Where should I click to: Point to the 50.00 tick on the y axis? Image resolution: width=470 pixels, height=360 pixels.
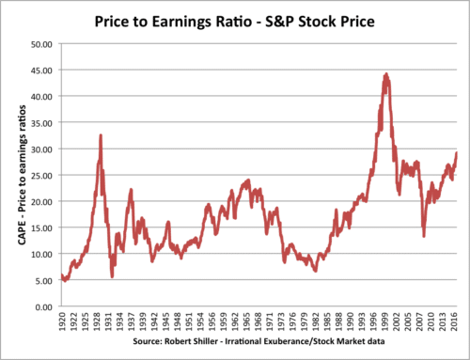click(39, 43)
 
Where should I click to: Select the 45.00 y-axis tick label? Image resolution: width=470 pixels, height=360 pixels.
click(39, 70)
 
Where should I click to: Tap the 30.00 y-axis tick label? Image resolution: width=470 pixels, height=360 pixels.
click(39, 149)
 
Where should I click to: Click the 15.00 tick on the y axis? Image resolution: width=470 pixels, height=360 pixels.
click(39, 227)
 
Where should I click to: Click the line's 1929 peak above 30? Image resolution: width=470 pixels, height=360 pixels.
click(101, 134)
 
